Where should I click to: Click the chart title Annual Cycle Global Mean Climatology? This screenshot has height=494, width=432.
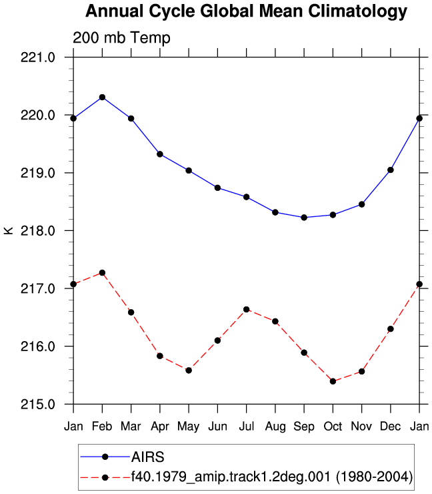click(x=246, y=11)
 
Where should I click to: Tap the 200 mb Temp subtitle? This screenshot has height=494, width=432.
click(x=121, y=38)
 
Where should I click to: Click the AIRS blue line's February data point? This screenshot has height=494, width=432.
click(x=102, y=97)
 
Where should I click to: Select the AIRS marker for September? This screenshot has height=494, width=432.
click(x=304, y=218)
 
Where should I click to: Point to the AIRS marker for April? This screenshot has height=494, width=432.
click(x=160, y=154)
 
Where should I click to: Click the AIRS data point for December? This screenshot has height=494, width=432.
click(x=391, y=170)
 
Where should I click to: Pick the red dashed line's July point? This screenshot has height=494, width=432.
click(x=247, y=309)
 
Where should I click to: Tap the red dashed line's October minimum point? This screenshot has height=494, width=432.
click(x=333, y=381)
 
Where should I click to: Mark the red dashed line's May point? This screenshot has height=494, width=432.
click(x=189, y=370)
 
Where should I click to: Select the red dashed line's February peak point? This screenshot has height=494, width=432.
click(x=102, y=272)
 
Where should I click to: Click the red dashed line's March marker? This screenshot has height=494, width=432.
click(x=131, y=312)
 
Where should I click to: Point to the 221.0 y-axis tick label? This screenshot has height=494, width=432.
click(x=38, y=57)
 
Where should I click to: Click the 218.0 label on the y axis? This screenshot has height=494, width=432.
click(x=38, y=231)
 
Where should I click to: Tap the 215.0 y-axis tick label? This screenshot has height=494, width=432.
click(x=38, y=404)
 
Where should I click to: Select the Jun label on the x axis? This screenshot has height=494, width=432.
click(x=217, y=427)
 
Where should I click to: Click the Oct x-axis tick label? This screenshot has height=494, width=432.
click(x=333, y=427)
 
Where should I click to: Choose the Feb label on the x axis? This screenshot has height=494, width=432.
click(x=102, y=427)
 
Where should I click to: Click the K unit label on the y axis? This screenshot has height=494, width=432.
click(x=9, y=230)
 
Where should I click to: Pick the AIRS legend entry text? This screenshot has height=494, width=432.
click(x=147, y=457)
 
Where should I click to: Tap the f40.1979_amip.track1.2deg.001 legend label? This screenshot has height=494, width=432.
click(x=231, y=477)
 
